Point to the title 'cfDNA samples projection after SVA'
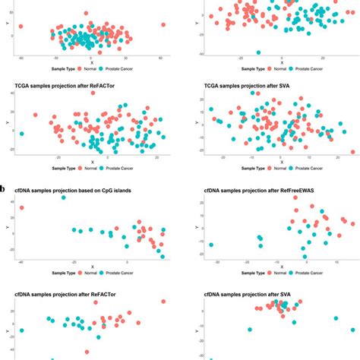click(248, 292)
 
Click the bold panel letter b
click(5, 186)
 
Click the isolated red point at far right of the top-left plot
click(163, 25)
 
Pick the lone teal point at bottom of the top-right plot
click(259, 52)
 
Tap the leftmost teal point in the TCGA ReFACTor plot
click(21, 134)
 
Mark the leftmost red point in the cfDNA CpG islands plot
click(21, 207)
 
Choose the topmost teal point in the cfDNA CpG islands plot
click(63, 197)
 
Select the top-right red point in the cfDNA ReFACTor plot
click(163, 302)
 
